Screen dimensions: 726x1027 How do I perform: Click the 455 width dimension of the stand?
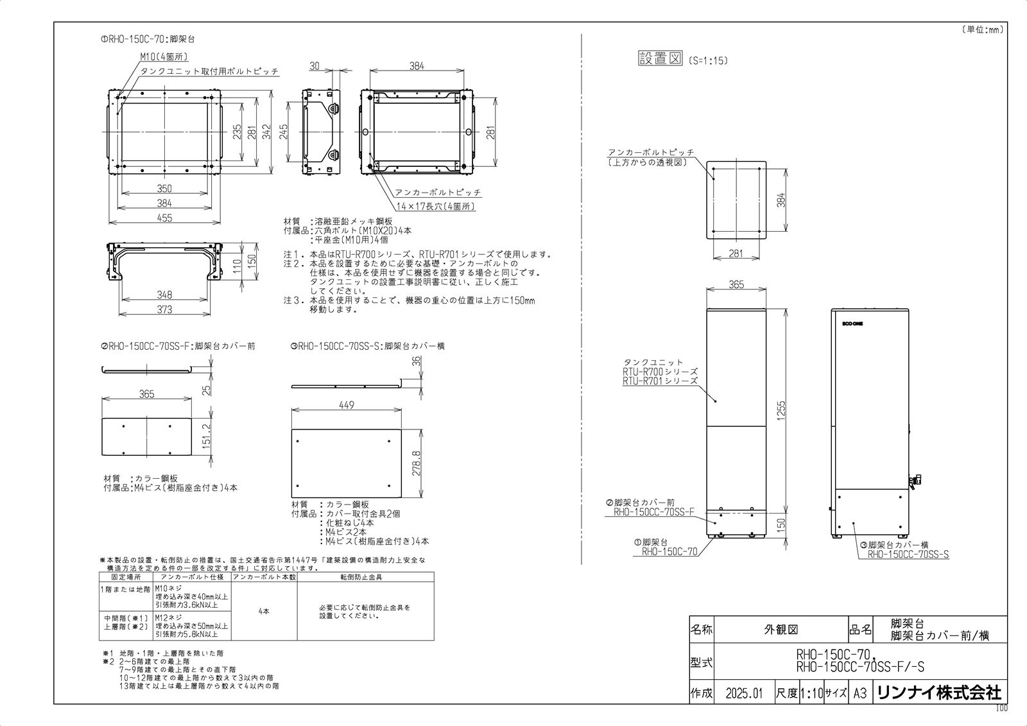point(165,218)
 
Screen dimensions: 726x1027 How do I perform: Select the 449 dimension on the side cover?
point(347,405)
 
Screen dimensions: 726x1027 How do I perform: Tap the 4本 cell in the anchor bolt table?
point(263,611)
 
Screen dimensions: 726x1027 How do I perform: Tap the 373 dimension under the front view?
point(165,309)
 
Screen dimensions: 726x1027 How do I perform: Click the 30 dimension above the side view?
point(315,66)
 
